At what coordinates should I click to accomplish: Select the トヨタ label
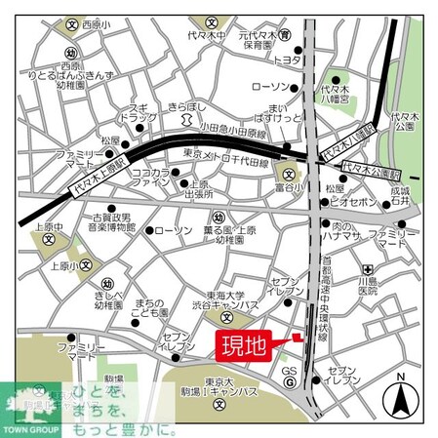(x=287, y=60)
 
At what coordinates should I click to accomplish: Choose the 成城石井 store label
(x=400, y=198)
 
